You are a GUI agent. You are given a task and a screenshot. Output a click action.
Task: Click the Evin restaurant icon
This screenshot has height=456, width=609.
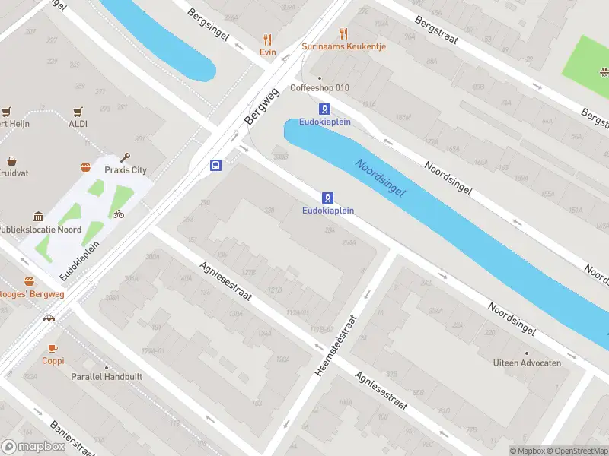[x=267, y=40]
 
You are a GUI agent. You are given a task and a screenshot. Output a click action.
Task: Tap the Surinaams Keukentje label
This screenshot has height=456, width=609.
[x=343, y=46]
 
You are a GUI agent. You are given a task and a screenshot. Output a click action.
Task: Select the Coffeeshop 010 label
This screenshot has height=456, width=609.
[x=320, y=87]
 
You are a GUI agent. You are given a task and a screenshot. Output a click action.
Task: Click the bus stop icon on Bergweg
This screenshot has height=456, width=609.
[x=216, y=165]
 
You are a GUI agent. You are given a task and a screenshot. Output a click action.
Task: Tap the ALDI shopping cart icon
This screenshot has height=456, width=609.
[x=78, y=111]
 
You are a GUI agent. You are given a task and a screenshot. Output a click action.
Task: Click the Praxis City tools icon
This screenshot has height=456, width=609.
[x=126, y=158]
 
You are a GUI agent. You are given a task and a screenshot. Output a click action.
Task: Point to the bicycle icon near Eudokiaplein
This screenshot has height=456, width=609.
[x=118, y=214]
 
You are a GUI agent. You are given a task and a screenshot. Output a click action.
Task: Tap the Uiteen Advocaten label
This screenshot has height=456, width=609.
[x=527, y=363]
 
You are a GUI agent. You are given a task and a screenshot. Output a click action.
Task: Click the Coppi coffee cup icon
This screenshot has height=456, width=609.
[x=53, y=348]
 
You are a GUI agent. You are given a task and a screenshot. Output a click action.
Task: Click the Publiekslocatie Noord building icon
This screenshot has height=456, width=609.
[x=37, y=217]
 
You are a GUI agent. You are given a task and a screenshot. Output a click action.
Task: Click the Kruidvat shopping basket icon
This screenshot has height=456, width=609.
[x=12, y=161]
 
